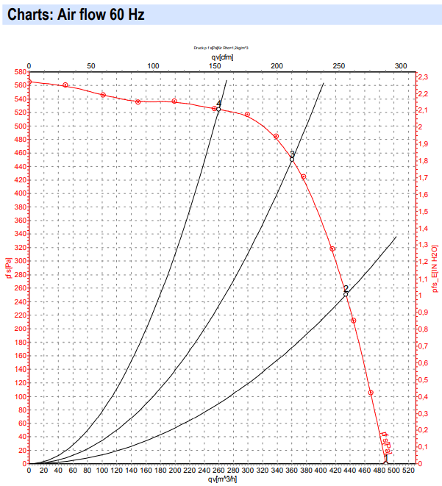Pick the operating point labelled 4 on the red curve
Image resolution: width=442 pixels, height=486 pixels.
pyautogui.click(x=218, y=109)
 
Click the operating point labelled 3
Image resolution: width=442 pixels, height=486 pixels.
pyautogui.click(x=292, y=159)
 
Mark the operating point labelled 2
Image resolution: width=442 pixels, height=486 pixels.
pyautogui.click(x=346, y=294)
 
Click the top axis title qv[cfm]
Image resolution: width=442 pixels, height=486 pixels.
pyautogui.click(x=223, y=56)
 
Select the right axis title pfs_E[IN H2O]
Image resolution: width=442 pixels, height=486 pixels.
pyautogui.click(x=435, y=269)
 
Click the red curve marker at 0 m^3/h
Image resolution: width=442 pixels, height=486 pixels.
pyautogui.click(x=29, y=82)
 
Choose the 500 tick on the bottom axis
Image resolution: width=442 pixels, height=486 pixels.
pyautogui.click(x=393, y=471)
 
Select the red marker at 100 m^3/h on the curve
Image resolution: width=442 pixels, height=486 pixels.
pyautogui.click(x=103, y=95)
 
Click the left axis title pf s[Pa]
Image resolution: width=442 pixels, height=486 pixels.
pyautogui.click(x=7, y=269)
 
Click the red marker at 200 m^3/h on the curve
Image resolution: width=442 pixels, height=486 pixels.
pyautogui.click(x=174, y=101)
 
